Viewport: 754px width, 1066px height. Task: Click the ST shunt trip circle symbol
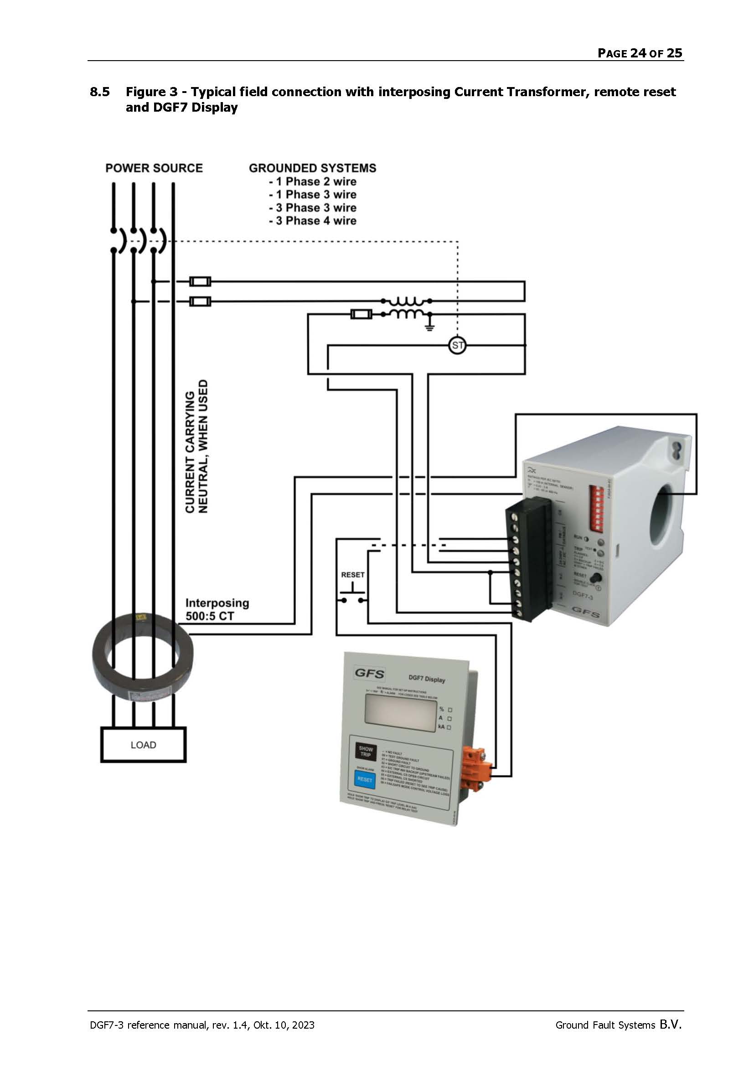pos(457,345)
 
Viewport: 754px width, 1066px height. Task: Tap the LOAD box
pos(144,745)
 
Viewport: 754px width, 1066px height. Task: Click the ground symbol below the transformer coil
pos(430,326)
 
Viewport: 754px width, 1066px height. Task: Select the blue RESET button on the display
pos(365,779)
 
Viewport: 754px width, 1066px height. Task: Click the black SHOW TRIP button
pos(366,751)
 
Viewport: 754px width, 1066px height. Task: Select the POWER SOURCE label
pos(154,168)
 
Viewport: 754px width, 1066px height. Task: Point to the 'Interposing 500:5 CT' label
pos(217,610)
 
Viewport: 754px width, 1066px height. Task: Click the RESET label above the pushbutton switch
pos(353,575)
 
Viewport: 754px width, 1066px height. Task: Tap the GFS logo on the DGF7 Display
pos(370,673)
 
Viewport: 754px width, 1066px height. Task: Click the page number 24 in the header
pos(638,53)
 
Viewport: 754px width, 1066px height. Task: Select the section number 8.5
pos(100,92)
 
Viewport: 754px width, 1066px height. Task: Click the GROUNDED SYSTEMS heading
pos(312,168)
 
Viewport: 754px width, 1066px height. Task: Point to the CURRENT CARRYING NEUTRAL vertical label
pos(197,446)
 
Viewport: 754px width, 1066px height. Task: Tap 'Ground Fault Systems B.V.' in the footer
pos(618,1025)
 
